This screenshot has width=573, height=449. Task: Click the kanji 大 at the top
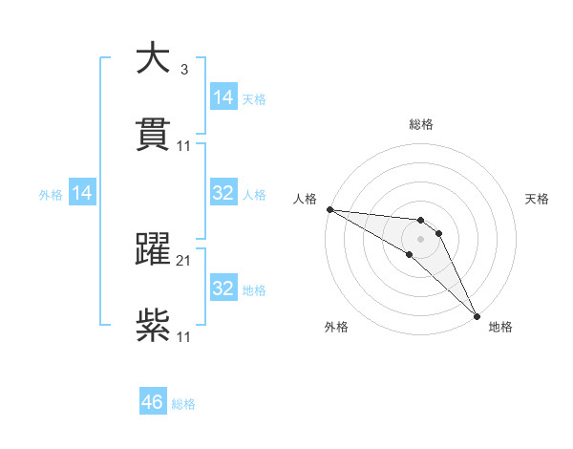pos(153,59)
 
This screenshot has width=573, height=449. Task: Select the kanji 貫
pos(153,135)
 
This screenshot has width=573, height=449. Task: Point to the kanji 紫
pos(153,326)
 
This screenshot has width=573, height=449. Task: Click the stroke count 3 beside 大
pos(183,70)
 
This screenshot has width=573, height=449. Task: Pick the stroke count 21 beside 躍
pos(184,260)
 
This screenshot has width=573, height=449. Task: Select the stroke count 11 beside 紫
pos(184,336)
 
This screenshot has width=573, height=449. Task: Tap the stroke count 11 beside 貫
pos(184,146)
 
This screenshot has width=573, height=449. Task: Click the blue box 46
pos(153,402)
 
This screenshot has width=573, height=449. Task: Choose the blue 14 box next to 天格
pos(223,97)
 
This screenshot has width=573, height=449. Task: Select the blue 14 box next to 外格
pos(82,194)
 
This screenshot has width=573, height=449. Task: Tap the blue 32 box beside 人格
pos(223,194)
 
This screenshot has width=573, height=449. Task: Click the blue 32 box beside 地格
pos(223,289)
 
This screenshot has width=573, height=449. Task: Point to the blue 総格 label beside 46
pos(183,404)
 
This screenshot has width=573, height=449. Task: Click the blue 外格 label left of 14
pos(51,195)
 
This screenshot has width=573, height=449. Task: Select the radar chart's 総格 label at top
pos(421,124)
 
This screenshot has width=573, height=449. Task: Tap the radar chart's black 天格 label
pos(537,199)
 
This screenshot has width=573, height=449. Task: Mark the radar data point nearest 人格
pos(329,209)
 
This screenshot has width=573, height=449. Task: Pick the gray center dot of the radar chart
pos(420,239)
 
